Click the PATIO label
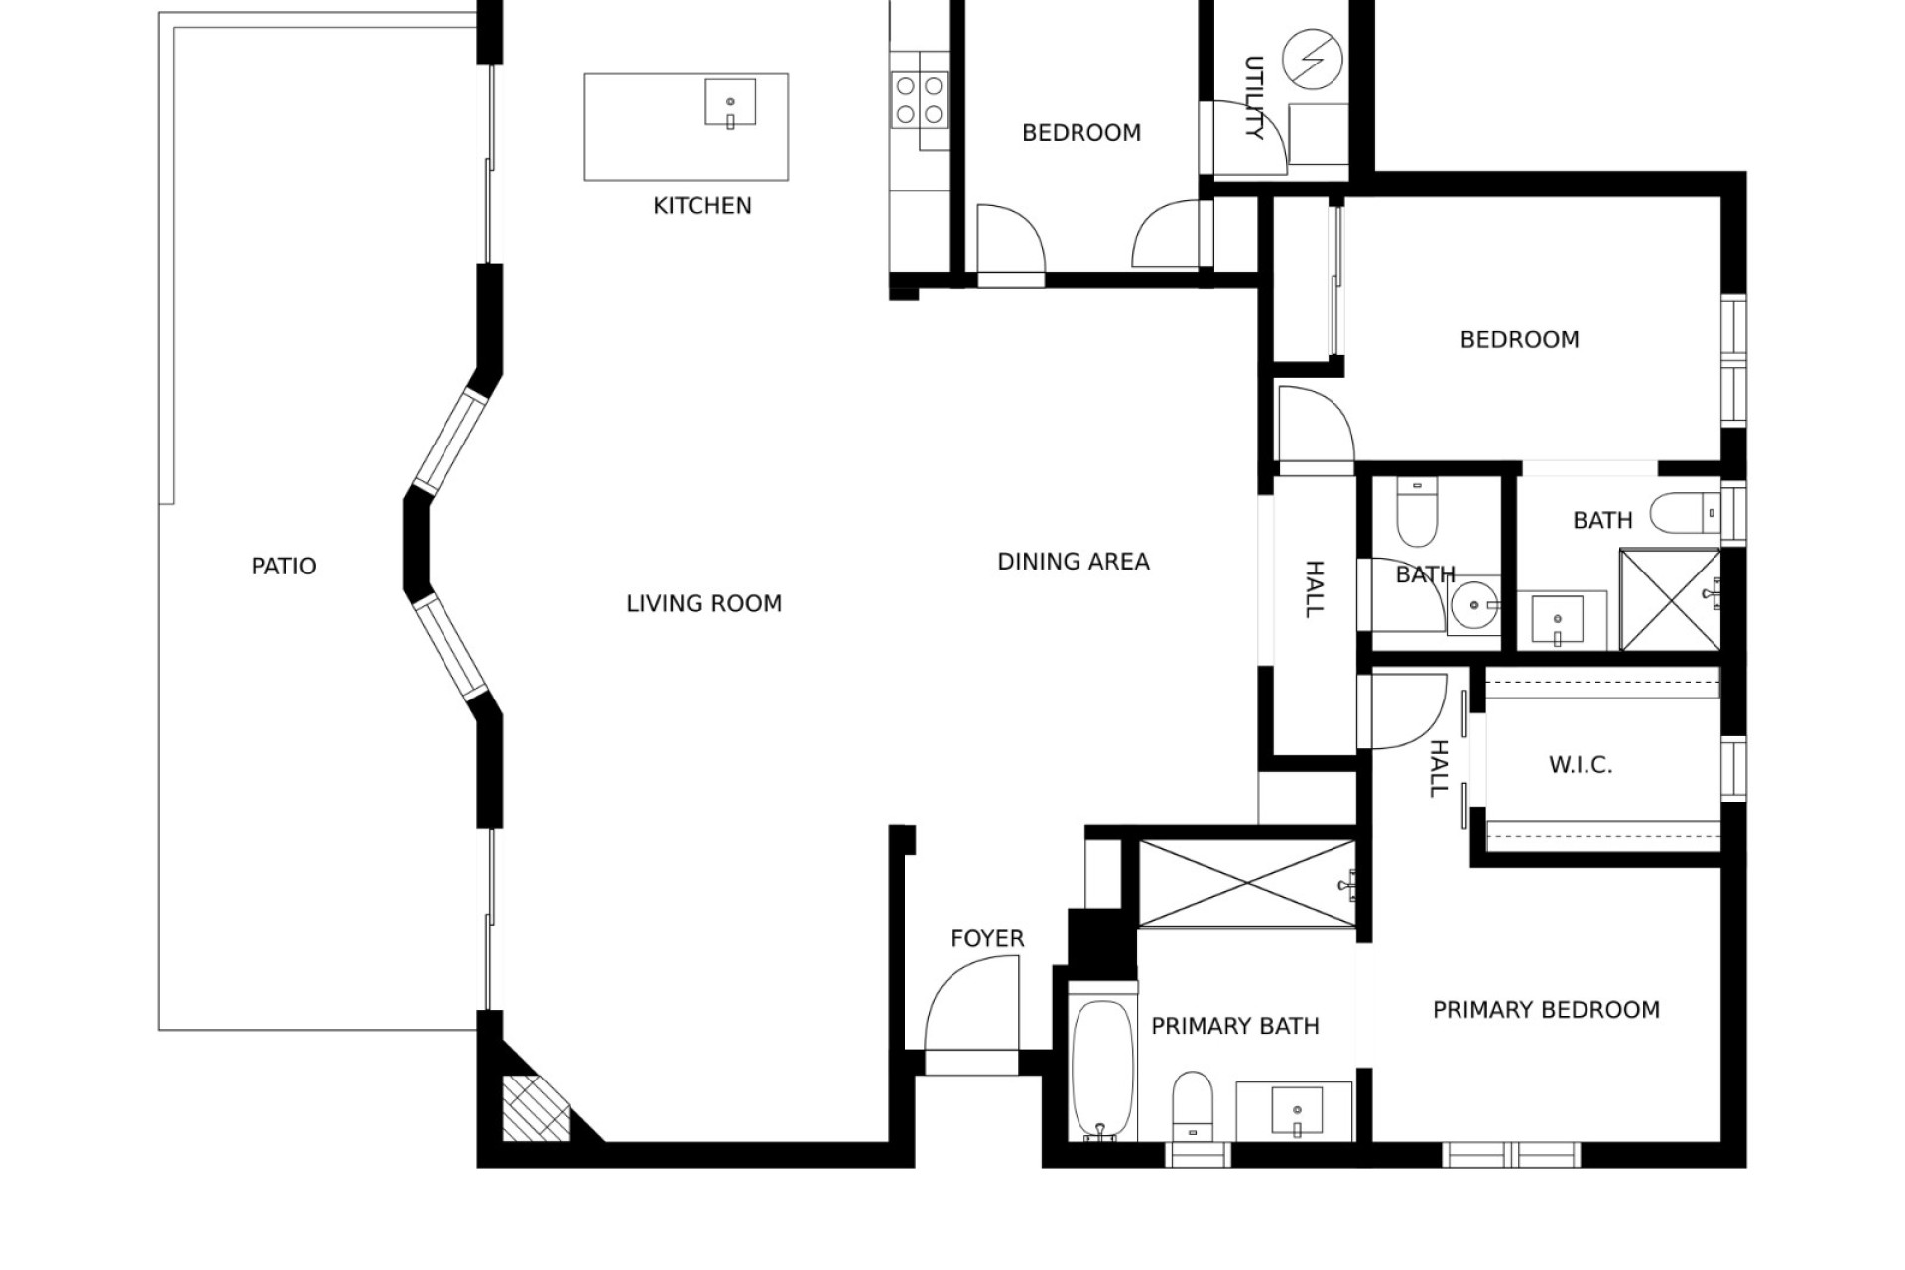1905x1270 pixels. [284, 567]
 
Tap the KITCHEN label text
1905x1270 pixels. [702, 206]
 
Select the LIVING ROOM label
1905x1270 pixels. [704, 603]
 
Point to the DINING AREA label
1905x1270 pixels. [1074, 562]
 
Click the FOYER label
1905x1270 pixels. [987, 938]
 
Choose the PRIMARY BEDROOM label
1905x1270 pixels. [1546, 1010]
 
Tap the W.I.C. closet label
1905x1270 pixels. [1581, 765]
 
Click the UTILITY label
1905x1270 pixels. [1254, 97]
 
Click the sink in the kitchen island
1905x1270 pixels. [730, 103]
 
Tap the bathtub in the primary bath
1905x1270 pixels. [1102, 1070]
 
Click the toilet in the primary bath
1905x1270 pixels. [1192, 1105]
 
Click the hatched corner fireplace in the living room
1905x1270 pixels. [536, 1110]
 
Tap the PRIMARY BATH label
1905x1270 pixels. [1235, 1026]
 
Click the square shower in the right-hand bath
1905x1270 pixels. [1670, 600]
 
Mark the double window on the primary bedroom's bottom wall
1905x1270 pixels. [1511, 1155]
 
